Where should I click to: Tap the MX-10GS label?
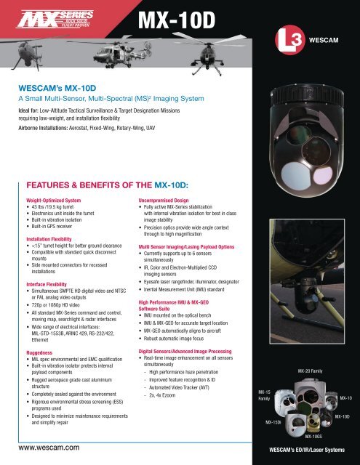pos(313,437)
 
